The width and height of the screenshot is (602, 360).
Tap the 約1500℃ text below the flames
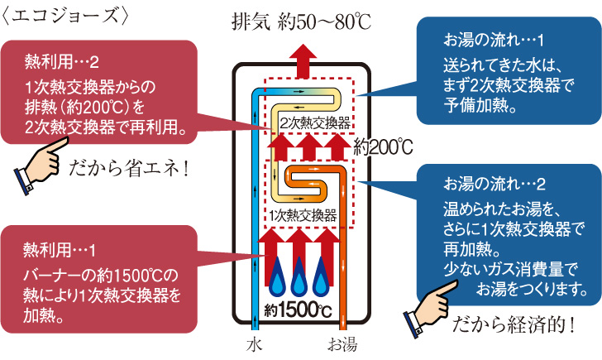[x=299, y=311]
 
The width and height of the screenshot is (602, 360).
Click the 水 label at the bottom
[x=254, y=343]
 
